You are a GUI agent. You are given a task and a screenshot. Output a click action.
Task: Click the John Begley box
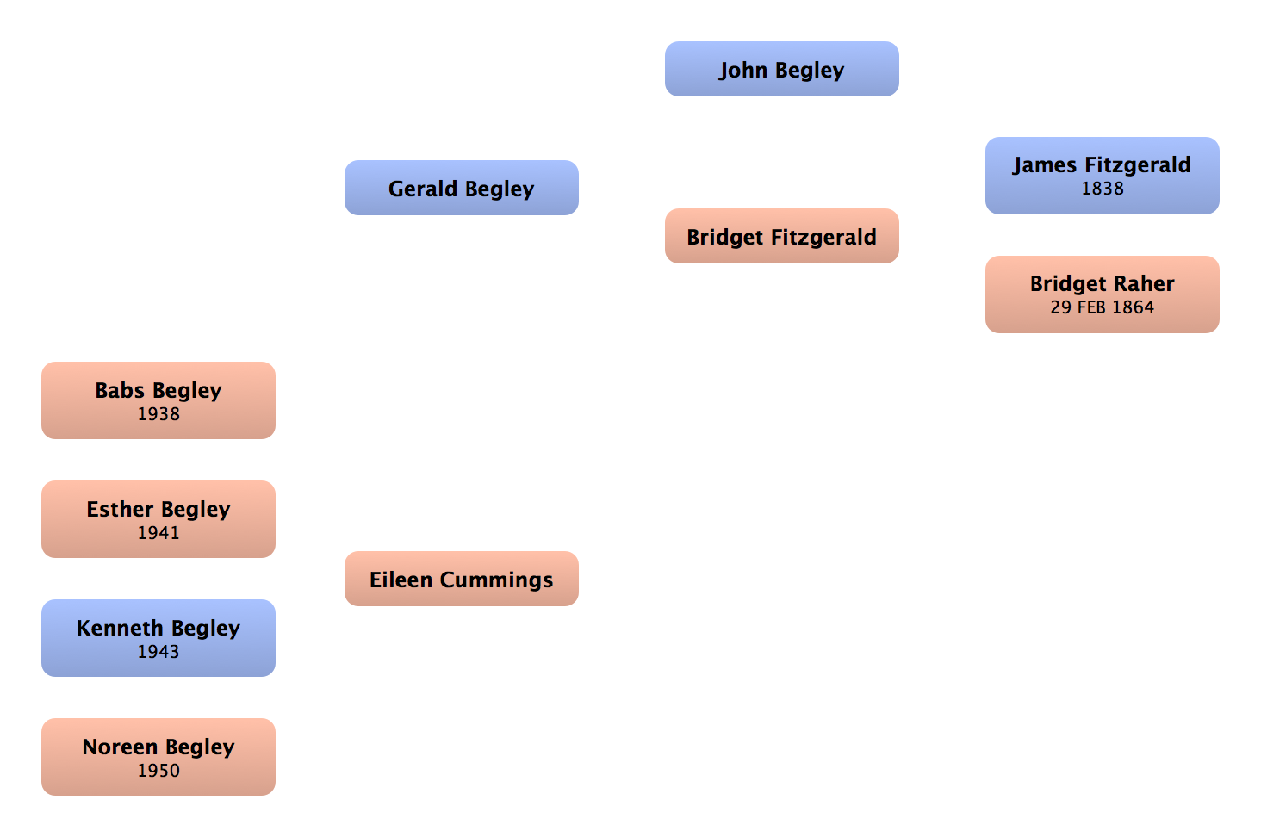(782, 70)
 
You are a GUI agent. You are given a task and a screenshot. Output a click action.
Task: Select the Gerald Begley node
(462, 189)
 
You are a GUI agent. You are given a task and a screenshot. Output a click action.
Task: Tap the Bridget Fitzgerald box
(782, 237)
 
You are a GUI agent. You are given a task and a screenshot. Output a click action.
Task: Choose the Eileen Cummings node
(462, 580)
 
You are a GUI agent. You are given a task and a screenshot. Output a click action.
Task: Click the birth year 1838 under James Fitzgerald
(1103, 189)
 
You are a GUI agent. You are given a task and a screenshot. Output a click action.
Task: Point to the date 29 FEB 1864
(1103, 307)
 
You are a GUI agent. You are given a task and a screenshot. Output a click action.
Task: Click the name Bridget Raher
(1103, 283)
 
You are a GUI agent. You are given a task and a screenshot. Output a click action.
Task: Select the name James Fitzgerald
(1103, 164)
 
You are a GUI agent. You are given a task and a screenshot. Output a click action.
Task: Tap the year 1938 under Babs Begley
(158, 414)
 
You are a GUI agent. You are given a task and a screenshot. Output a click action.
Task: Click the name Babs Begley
(158, 390)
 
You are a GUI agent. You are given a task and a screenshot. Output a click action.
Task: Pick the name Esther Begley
(158, 509)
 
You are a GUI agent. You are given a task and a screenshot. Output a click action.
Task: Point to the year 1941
(158, 533)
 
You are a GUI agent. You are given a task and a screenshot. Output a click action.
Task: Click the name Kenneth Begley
(158, 628)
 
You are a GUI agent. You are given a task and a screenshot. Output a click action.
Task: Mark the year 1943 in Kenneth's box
(158, 652)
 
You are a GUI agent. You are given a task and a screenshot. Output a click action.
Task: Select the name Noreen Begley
(158, 747)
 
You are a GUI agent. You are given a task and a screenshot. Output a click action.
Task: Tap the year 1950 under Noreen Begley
(158, 771)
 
